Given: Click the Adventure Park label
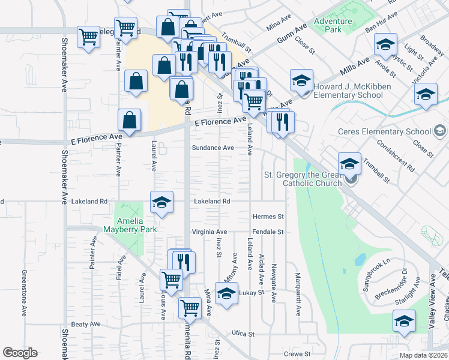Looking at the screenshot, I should point(328,25).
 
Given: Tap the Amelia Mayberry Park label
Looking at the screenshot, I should point(130,225).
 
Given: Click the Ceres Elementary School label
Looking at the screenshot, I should point(385,131).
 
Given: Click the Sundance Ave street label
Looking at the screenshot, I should point(212,148).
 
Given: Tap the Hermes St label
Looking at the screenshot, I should point(268,216).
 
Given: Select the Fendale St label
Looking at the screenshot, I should point(268,232).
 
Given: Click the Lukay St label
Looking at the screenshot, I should point(252,293).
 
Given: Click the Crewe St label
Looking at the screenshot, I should point(297,354).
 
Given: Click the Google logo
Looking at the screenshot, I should point(20,353).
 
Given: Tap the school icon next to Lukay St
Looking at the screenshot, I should point(226,293).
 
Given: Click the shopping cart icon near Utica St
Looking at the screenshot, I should point(190,308).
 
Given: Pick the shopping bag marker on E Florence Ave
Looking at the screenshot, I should point(130,119).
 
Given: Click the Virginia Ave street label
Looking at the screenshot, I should point(209,232).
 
